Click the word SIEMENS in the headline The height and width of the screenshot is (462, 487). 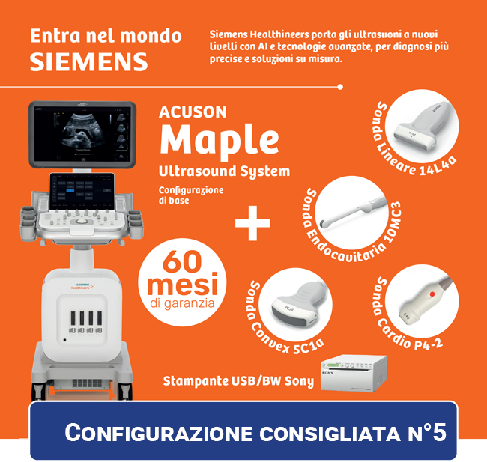click(x=89, y=62)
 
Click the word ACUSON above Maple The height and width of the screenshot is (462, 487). click(x=193, y=112)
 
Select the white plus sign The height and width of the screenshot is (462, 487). click(x=252, y=223)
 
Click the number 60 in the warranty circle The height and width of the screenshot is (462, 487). click(x=182, y=262)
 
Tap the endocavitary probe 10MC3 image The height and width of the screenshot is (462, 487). click(x=353, y=211)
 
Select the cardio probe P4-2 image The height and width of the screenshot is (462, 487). click(x=425, y=301)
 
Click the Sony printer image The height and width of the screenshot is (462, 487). click(x=354, y=373)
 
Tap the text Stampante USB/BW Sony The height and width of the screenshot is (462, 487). click(x=238, y=381)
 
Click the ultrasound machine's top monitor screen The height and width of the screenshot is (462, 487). click(x=82, y=133)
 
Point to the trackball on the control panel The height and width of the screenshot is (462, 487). click(x=82, y=221)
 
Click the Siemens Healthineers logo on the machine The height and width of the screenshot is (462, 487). click(x=82, y=286)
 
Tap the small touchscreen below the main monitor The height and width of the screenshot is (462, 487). click(x=82, y=192)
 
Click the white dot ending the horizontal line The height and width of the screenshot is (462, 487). click(x=340, y=87)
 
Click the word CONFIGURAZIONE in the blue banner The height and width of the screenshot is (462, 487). click(x=158, y=432)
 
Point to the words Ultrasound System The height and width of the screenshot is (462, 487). click(x=224, y=171)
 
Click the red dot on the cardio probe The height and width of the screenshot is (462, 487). click(x=432, y=294)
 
